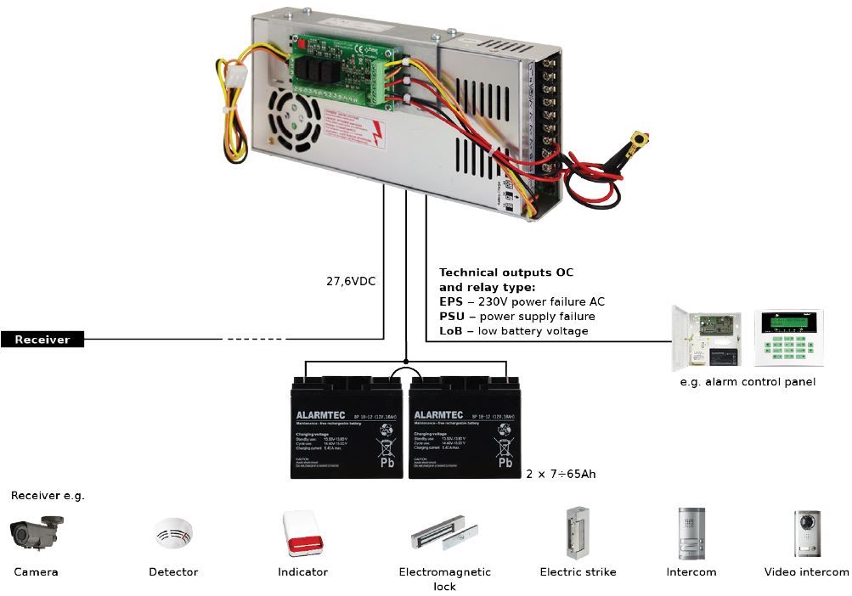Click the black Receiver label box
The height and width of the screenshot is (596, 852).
(x=42, y=340)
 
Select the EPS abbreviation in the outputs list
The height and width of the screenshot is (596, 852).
(x=451, y=301)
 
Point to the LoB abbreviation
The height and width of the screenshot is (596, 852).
(x=451, y=330)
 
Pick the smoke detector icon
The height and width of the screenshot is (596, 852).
(x=173, y=534)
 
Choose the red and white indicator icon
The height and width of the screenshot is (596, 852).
(x=302, y=533)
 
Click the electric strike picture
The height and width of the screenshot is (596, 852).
(x=578, y=531)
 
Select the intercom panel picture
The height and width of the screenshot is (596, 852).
(x=691, y=532)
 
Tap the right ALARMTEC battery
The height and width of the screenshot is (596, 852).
(x=463, y=425)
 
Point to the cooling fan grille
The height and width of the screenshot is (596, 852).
(x=291, y=118)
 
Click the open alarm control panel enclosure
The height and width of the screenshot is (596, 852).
(x=707, y=337)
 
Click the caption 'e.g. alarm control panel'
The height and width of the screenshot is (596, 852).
(x=748, y=382)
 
